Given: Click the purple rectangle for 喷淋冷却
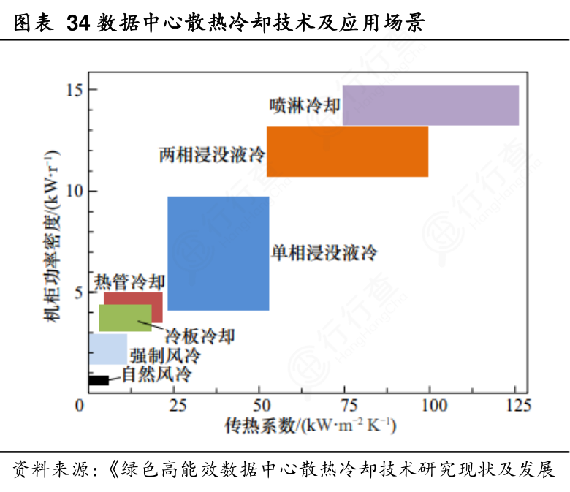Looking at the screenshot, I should (430, 105).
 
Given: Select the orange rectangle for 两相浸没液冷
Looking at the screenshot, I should (347, 151).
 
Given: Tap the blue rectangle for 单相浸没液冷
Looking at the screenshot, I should (218, 254).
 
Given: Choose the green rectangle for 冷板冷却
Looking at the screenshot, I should (125, 317).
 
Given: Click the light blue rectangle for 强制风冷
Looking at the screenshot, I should (107, 349).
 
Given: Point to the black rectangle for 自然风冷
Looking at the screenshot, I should (99, 380).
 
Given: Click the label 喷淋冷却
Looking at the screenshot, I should (305, 106).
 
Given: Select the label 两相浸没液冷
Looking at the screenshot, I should (212, 155).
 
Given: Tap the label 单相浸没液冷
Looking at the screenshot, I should (324, 254).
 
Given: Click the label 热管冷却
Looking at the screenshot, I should (130, 281).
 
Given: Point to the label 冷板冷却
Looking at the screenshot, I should (199, 336).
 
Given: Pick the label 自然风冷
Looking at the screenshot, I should (156, 376).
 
